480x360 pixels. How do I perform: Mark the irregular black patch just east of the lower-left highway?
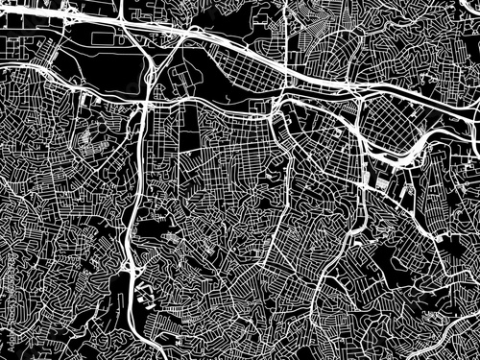point(152,230)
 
